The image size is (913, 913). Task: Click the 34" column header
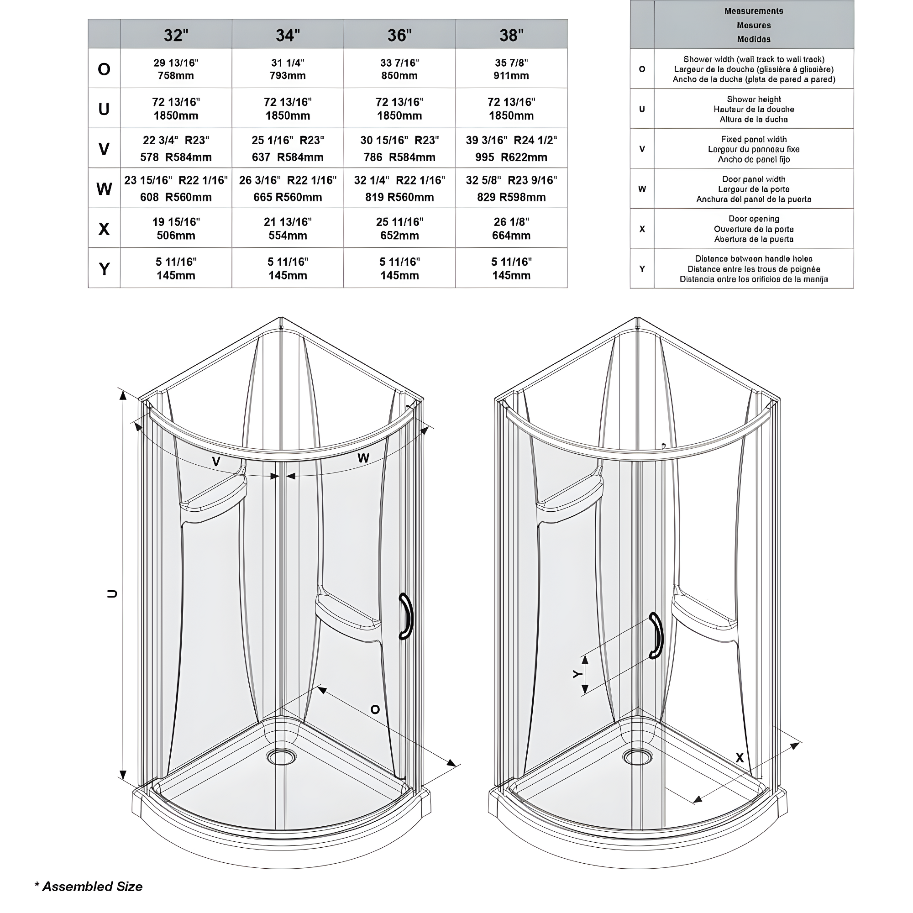(x=287, y=35)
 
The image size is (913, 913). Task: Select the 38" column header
(x=511, y=35)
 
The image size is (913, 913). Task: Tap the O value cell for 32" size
(x=176, y=69)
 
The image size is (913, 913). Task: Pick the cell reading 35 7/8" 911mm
(x=511, y=69)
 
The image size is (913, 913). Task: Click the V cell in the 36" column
(x=399, y=148)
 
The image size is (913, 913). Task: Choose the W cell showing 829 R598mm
(x=511, y=189)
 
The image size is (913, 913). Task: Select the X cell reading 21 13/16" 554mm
(x=287, y=229)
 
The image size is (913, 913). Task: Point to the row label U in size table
(x=104, y=109)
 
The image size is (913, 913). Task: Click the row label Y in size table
(x=104, y=268)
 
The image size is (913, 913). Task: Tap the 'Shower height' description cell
(x=753, y=109)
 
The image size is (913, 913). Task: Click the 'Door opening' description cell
(x=753, y=229)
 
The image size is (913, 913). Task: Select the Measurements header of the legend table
(x=753, y=25)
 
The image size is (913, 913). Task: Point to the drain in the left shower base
(x=281, y=757)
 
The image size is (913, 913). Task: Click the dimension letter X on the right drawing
(x=740, y=758)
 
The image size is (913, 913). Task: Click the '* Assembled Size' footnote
(x=89, y=887)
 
